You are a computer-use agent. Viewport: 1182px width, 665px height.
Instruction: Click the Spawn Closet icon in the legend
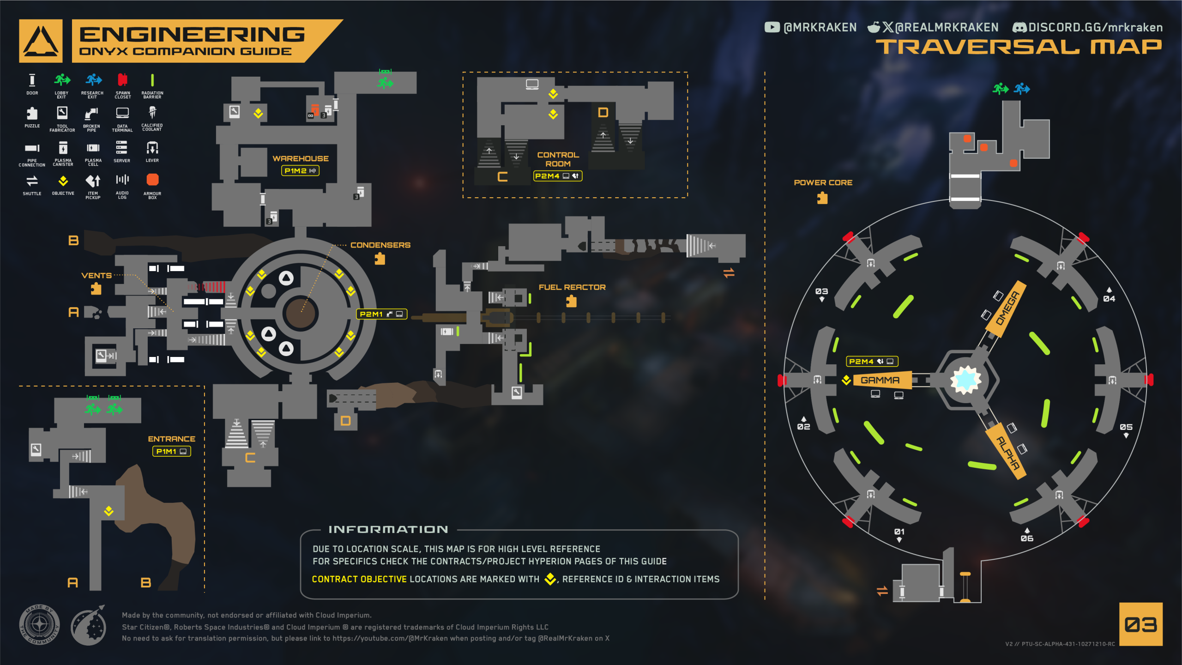pyautogui.click(x=122, y=80)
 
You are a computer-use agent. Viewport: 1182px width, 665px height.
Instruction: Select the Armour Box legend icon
pyautogui.click(x=152, y=180)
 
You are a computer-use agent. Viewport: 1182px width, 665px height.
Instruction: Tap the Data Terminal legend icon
pyautogui.click(x=122, y=113)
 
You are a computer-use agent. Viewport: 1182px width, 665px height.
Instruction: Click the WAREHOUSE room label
pyautogui.click(x=301, y=158)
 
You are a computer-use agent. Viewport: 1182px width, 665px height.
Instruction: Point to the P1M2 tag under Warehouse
pyautogui.click(x=300, y=171)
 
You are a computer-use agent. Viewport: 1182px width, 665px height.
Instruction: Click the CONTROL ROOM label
pyautogui.click(x=558, y=159)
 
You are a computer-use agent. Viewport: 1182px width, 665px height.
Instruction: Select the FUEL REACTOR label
pyautogui.click(x=572, y=287)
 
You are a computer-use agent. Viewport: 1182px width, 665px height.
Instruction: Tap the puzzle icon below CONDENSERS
pyautogui.click(x=380, y=259)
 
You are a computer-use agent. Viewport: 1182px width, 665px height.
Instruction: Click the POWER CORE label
pyautogui.click(x=823, y=183)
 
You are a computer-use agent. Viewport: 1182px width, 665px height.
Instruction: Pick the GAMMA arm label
pyautogui.click(x=880, y=380)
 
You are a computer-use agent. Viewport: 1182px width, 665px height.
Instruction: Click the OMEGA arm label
pyautogui.click(x=1007, y=308)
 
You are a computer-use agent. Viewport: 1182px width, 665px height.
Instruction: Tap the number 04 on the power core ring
pyautogui.click(x=1109, y=299)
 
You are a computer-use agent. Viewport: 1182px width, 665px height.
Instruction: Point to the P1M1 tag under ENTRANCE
pyautogui.click(x=171, y=452)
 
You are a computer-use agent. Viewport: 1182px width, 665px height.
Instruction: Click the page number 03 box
pyautogui.click(x=1141, y=624)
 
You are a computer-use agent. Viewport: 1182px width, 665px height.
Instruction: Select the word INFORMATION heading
pyautogui.click(x=388, y=530)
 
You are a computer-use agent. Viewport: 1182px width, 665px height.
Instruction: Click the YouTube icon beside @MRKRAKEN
pyautogui.click(x=772, y=27)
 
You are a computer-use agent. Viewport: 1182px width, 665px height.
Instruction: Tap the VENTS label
pyautogui.click(x=96, y=276)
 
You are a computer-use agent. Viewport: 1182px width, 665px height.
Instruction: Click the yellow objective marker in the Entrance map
pyautogui.click(x=109, y=511)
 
